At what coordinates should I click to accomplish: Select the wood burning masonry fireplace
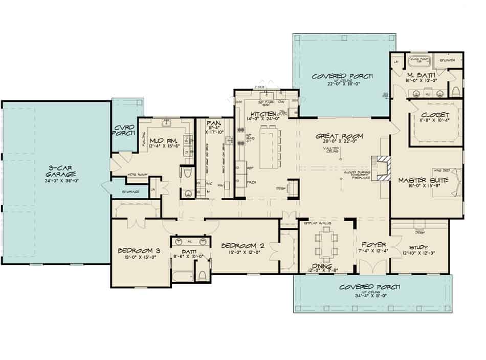[382, 167]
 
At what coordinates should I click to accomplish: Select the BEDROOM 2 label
[241, 246]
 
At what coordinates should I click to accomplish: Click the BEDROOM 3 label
[136, 250]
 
